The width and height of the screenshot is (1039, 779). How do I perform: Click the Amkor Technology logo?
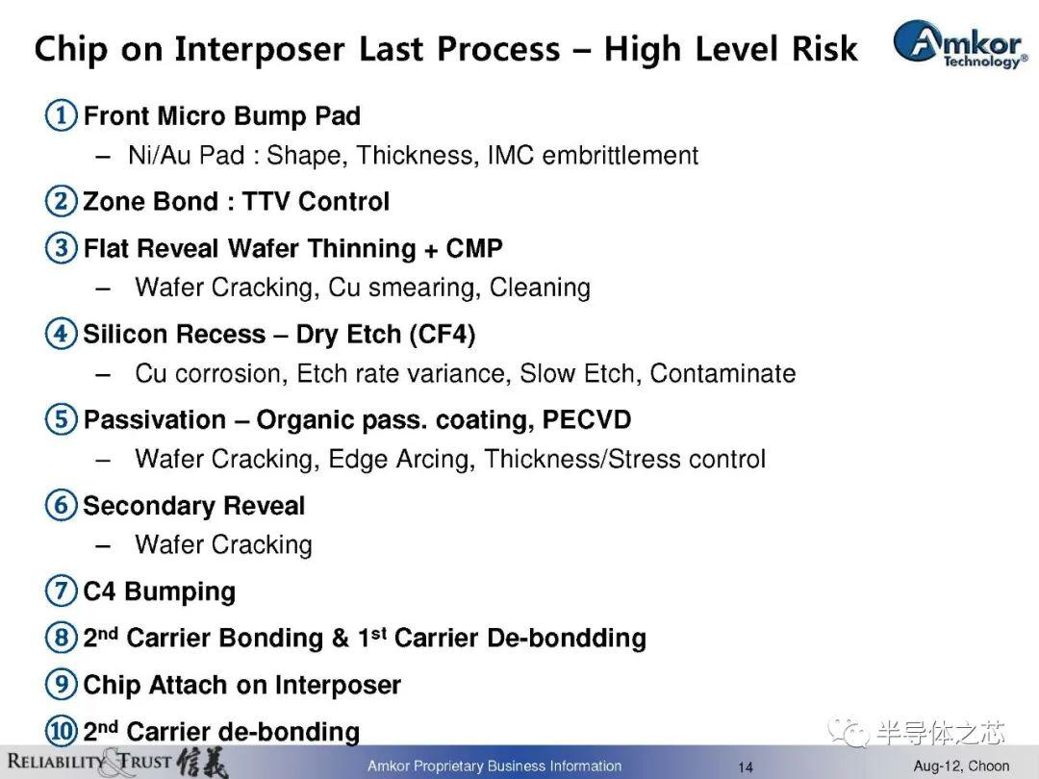coord(960,42)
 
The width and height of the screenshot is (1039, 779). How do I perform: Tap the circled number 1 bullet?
coord(61,115)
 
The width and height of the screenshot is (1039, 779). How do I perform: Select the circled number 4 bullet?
coord(61,333)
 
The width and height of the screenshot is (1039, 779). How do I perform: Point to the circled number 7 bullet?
coord(61,591)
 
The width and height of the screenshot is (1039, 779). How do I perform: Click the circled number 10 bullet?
coord(61,731)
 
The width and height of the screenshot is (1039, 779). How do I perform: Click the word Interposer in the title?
coord(260,50)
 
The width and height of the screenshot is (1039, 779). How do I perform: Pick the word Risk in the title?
coord(824,49)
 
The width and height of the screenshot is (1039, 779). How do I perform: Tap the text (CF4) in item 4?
coord(442,334)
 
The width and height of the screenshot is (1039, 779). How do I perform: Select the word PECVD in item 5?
coord(587,419)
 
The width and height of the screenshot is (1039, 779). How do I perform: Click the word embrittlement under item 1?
coord(621,155)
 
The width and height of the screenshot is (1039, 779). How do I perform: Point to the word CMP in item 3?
coord(474,248)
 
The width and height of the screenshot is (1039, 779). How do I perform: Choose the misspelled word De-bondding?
coord(567,638)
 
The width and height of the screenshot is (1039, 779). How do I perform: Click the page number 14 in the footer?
coord(746,767)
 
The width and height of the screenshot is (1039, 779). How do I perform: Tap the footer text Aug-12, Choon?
coord(961,766)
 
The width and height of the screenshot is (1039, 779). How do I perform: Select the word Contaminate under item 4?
coord(722,373)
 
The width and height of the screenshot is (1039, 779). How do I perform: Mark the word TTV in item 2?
coord(266,201)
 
